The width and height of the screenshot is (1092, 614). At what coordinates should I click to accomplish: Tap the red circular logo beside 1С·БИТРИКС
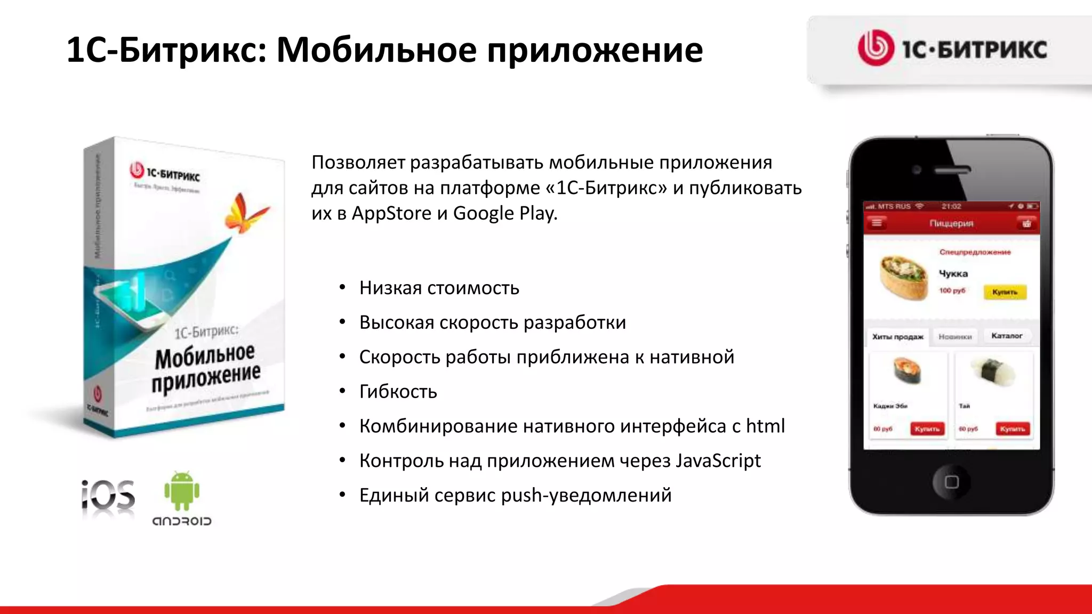tap(876, 48)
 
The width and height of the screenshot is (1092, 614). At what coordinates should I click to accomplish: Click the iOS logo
tap(108, 495)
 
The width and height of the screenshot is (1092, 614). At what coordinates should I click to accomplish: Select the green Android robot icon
tap(182, 490)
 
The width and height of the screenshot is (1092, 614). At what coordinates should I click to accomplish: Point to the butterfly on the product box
tap(245, 214)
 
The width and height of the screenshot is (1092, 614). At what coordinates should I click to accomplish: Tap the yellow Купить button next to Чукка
tap(1005, 292)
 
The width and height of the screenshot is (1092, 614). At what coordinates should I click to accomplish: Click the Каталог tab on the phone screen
tap(1007, 336)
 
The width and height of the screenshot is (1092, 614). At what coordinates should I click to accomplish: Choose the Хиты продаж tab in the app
tap(897, 337)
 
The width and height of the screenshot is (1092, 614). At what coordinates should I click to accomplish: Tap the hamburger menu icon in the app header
tap(877, 223)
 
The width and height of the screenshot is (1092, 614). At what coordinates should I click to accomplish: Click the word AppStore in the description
tap(391, 213)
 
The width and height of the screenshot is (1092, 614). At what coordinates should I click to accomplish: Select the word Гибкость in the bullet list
tap(398, 392)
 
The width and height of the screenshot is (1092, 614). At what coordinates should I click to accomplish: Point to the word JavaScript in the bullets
tap(718, 461)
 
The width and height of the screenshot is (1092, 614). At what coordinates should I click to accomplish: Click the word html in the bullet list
tap(765, 426)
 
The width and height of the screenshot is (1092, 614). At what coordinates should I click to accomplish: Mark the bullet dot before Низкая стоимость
tap(343, 288)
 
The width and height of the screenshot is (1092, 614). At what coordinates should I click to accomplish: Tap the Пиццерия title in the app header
tap(951, 223)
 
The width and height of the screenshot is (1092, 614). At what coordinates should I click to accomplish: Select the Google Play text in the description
tap(505, 213)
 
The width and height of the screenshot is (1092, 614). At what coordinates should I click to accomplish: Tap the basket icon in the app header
tap(1026, 223)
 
